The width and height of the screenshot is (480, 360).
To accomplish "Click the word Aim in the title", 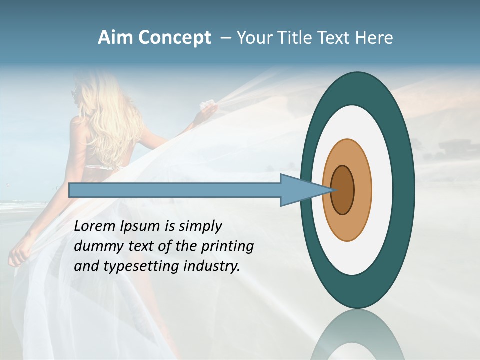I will (115, 38).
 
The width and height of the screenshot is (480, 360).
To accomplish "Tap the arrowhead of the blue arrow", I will (305, 190).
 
